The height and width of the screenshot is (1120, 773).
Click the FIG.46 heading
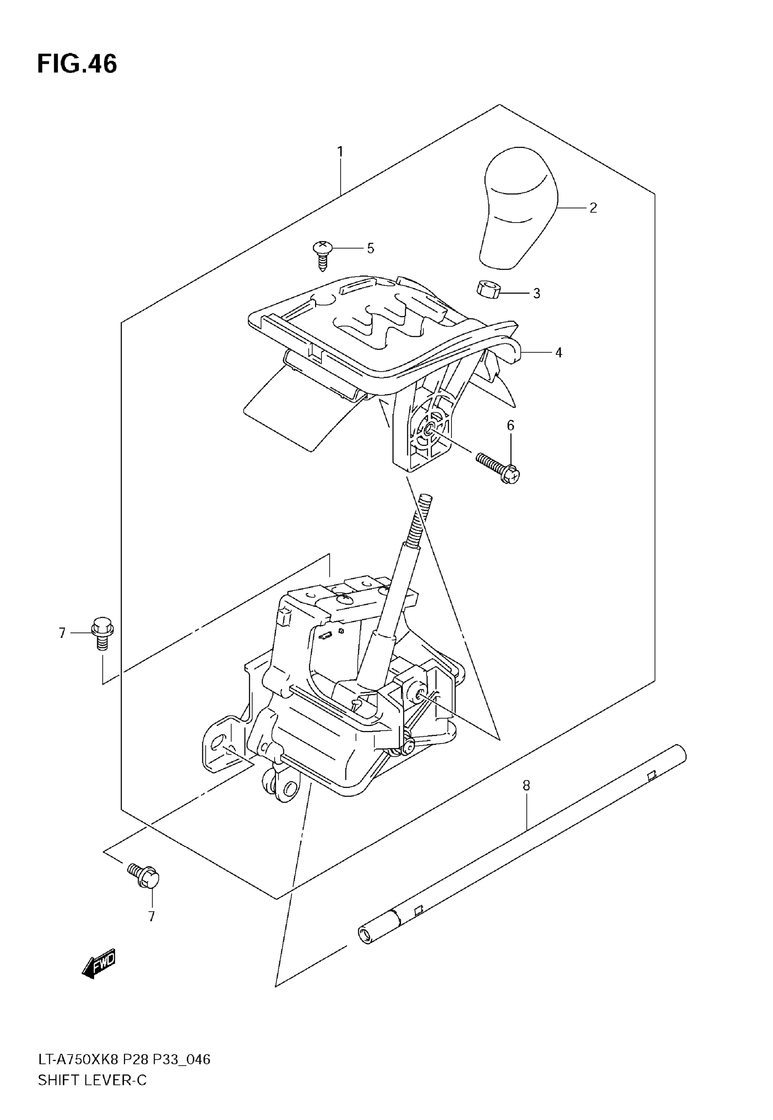77,65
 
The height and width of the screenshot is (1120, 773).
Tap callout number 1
340,152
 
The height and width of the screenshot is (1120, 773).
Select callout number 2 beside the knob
593,208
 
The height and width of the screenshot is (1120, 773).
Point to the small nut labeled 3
487,289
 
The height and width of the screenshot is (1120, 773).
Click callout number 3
536,293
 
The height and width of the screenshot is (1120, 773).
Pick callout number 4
558,353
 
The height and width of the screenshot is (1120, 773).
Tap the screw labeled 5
322,254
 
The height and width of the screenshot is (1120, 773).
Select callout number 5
371,248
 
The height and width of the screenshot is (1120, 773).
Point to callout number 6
511,425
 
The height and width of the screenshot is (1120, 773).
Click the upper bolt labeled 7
102,632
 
